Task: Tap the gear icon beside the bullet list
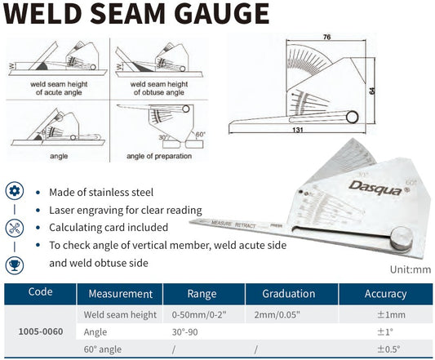(x=15, y=192)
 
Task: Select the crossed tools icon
(x=15, y=228)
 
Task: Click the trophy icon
(x=15, y=264)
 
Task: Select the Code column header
(x=40, y=293)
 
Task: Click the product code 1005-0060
(x=40, y=331)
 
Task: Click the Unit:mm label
(x=409, y=269)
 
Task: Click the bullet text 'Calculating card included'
(x=109, y=228)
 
